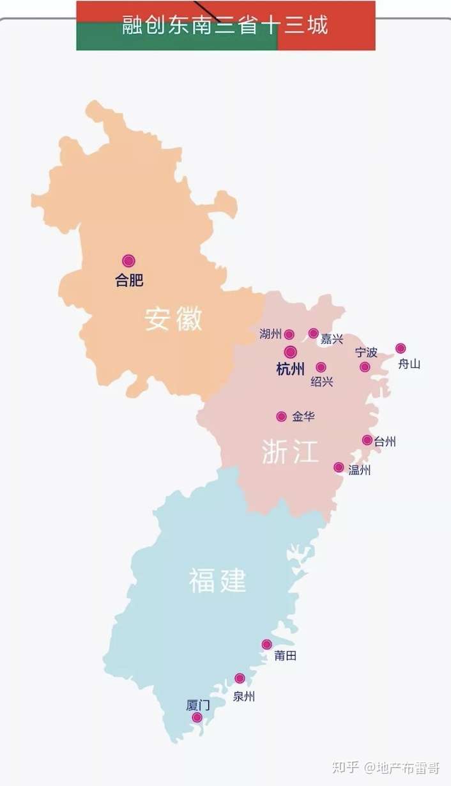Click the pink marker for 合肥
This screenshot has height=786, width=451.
pyautogui.click(x=129, y=261)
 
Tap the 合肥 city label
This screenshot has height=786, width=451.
pyautogui.click(x=129, y=280)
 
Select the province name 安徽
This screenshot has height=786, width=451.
pyautogui.click(x=173, y=318)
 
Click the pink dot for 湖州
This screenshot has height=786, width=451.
pyautogui.click(x=289, y=334)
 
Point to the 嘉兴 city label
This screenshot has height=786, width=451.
pyautogui.click(x=332, y=339)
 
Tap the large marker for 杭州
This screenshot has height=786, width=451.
pyautogui.click(x=291, y=352)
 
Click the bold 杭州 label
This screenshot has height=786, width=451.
pyautogui.click(x=290, y=369)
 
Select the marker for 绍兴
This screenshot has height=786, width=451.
pyautogui.click(x=321, y=367)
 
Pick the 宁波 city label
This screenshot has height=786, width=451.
pyautogui.click(x=366, y=352)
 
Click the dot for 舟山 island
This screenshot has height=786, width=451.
pyautogui.click(x=401, y=348)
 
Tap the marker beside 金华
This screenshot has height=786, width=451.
pyautogui.click(x=281, y=417)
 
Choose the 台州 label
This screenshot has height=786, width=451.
pyautogui.click(x=385, y=441)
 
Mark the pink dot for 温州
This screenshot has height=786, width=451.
pyautogui.click(x=339, y=467)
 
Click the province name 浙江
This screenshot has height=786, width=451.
pyautogui.click(x=289, y=452)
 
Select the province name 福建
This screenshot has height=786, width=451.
pyautogui.click(x=217, y=580)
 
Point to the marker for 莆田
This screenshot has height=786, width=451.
pyautogui.click(x=266, y=644)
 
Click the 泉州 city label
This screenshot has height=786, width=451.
pyautogui.click(x=243, y=697)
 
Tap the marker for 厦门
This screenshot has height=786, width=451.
pyautogui.click(x=197, y=718)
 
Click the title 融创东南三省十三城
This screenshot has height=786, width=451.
pyautogui.click(x=225, y=26)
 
